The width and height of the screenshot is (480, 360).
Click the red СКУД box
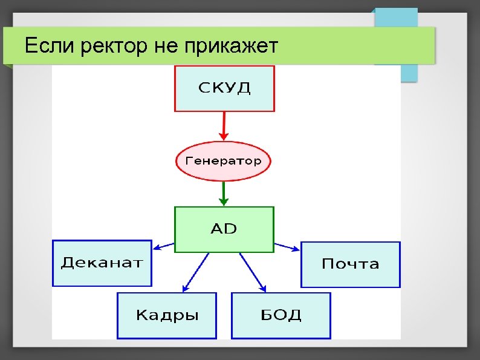[x=224, y=88]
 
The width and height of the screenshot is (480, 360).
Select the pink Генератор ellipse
[x=223, y=162]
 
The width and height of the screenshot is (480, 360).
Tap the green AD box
[x=224, y=229]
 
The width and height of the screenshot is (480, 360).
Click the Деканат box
[x=102, y=263]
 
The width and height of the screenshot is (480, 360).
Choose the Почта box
[x=351, y=264]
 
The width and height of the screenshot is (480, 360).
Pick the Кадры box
[x=166, y=315]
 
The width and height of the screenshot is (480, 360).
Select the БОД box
[x=281, y=315]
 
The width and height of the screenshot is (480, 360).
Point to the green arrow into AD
[x=224, y=194]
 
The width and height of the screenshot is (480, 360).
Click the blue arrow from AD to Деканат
[x=163, y=246]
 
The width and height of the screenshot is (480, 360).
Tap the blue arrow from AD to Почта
[x=287, y=246]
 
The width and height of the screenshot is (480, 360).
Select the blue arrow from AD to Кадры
[x=195, y=273]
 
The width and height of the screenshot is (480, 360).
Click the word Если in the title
[x=45, y=45]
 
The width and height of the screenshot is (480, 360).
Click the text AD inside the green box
[x=224, y=229]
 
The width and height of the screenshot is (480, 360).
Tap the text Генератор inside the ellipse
[x=223, y=162]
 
